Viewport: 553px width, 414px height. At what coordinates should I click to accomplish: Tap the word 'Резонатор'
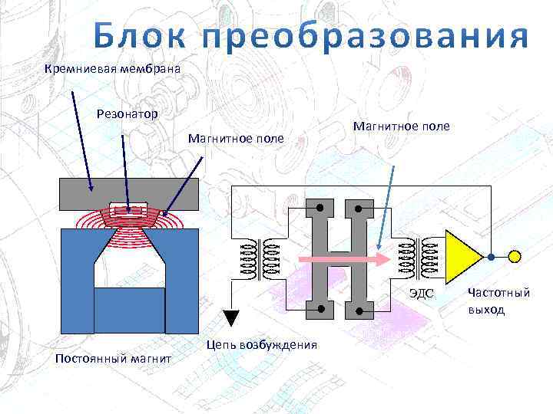[127, 114]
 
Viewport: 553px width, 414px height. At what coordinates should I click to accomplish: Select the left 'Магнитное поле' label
[236, 139]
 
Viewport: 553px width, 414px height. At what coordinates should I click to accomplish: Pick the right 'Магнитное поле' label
[402, 126]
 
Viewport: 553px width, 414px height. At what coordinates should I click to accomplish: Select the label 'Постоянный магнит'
[112, 358]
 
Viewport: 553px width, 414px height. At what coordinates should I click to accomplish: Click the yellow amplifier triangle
[460, 256]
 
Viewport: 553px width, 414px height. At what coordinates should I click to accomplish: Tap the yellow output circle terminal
[515, 256]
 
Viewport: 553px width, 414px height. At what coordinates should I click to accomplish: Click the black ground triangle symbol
[232, 317]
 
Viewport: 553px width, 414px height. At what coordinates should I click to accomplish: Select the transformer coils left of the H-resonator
[260, 257]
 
